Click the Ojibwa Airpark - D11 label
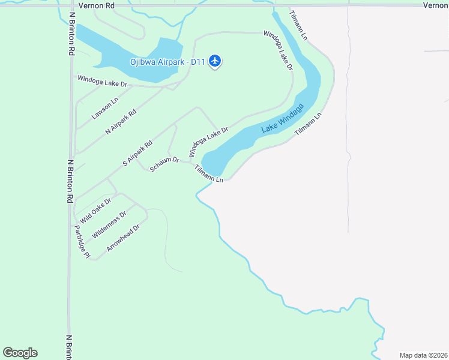168,61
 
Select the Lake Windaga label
283,118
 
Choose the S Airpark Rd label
137,153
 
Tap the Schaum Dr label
164,164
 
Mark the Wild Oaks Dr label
96,210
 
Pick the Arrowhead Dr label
123,238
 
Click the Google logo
20,353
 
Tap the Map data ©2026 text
423,355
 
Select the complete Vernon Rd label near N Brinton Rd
97,5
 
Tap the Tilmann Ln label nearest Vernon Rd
298,26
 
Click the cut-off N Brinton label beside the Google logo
69,347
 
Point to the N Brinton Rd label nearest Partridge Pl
70,180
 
